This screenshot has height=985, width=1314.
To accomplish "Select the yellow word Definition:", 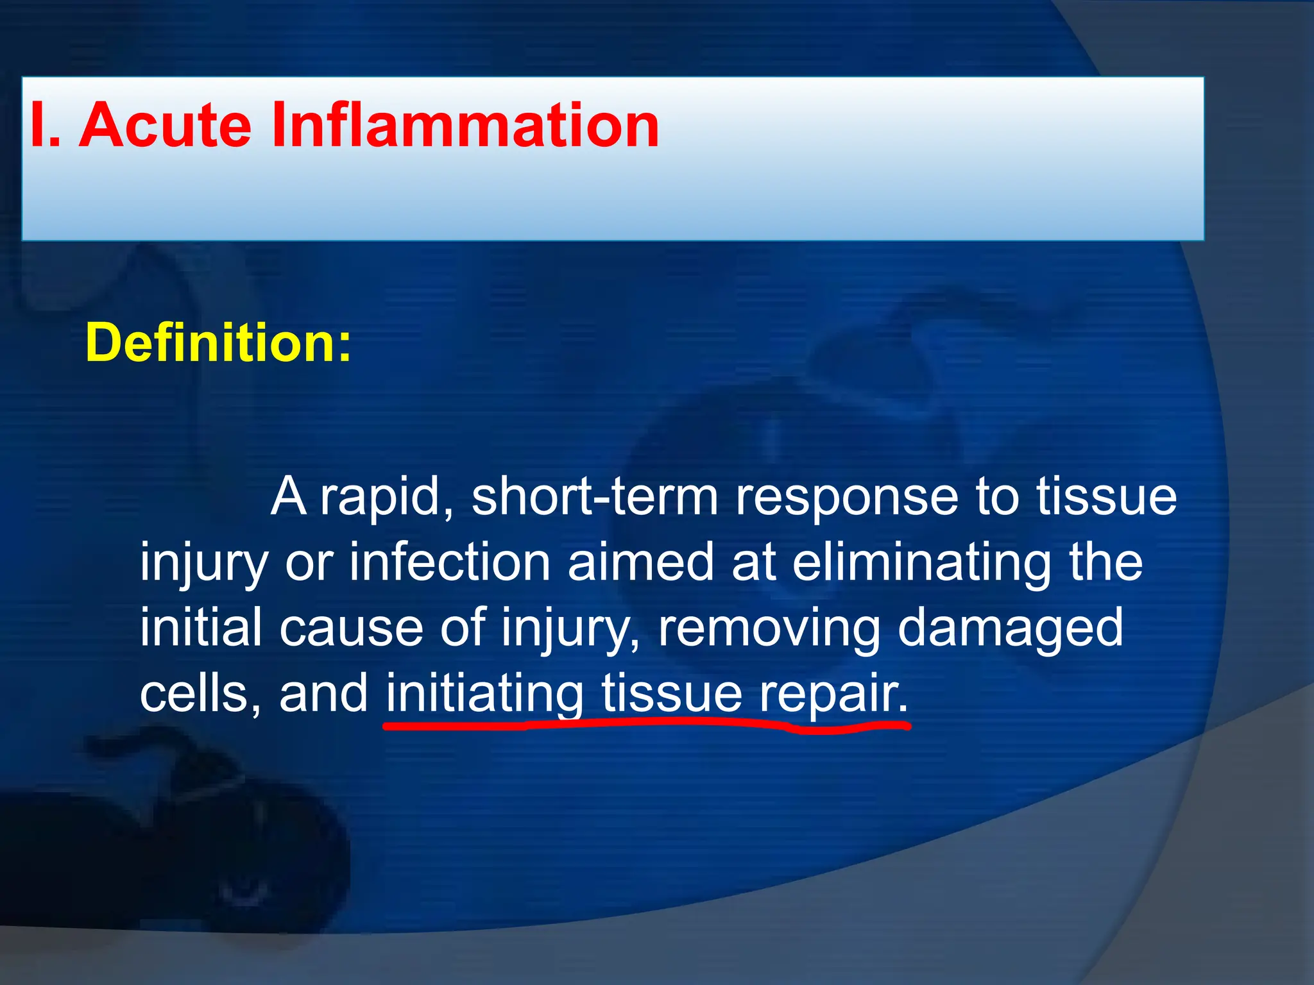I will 218,343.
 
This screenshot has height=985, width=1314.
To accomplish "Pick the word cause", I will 351,628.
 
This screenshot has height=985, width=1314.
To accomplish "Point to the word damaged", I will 1010,628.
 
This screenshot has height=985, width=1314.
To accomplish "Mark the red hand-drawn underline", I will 642,725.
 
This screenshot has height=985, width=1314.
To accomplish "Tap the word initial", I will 201,628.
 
